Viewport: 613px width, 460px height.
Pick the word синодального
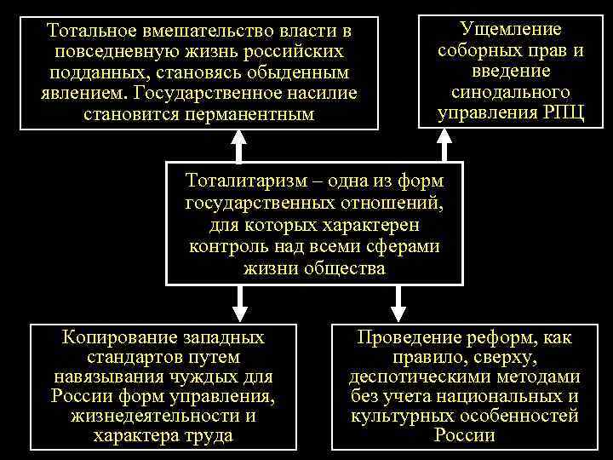tap(510, 92)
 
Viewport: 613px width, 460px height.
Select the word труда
tap(209, 436)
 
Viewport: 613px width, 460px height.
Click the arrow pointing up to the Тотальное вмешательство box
tap(239, 147)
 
